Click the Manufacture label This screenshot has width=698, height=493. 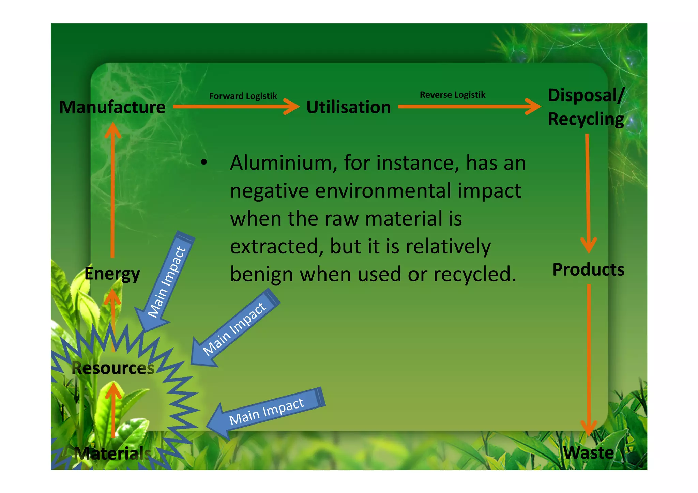[112, 107]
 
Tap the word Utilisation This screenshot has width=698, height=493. [348, 107]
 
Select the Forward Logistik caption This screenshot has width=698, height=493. [243, 96]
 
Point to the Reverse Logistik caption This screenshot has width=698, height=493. [452, 95]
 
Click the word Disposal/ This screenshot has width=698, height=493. [586, 95]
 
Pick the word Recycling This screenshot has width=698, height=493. [586, 119]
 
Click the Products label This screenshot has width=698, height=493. [588, 269]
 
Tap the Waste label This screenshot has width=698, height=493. [588, 453]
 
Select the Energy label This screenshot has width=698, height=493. [112, 274]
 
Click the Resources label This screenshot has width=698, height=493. [113, 368]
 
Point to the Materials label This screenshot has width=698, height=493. [112, 453]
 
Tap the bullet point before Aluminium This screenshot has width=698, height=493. [204, 163]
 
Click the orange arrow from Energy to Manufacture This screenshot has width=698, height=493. [112, 191]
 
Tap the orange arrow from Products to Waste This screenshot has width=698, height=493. [589, 358]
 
